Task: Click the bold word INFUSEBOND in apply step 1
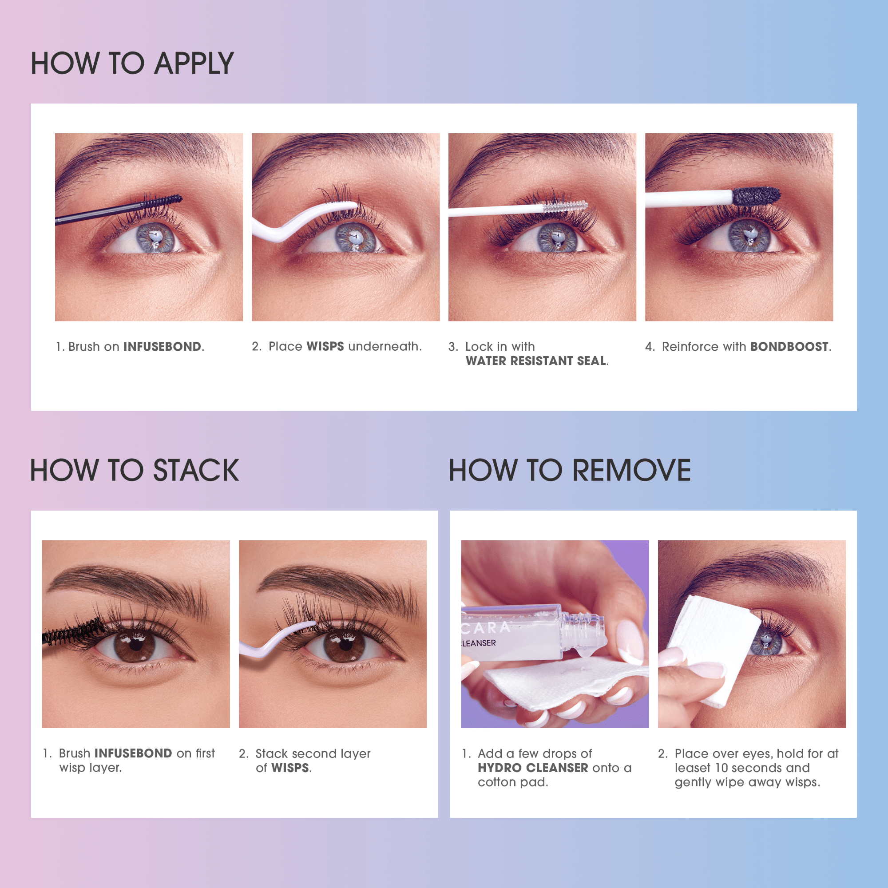click(x=162, y=347)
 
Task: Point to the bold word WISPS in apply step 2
click(x=325, y=347)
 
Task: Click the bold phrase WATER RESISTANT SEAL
click(x=536, y=361)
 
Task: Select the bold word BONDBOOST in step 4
click(x=789, y=347)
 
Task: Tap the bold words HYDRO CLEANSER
click(x=533, y=768)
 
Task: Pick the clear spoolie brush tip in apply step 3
click(x=565, y=206)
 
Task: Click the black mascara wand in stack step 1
click(x=74, y=632)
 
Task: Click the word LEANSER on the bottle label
click(x=479, y=643)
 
